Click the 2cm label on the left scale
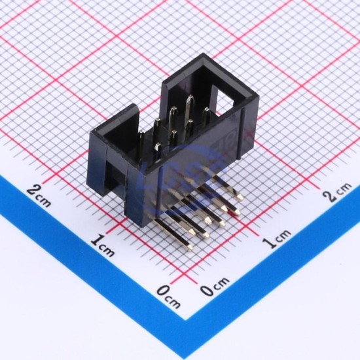click(39, 196)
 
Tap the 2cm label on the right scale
click(337, 192)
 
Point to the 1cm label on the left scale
click(102, 246)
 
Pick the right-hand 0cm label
click(215, 286)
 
